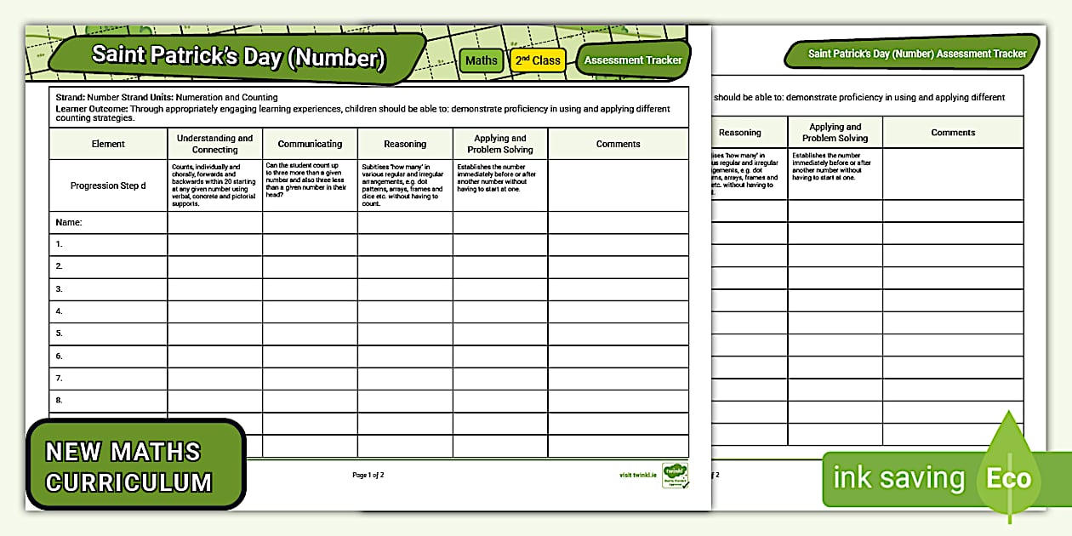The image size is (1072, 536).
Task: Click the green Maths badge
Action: click(x=482, y=60)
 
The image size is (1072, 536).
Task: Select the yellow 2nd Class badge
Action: click(x=537, y=60)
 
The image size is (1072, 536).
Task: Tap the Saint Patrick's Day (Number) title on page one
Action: click(x=238, y=58)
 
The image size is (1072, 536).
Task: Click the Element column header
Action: click(x=108, y=144)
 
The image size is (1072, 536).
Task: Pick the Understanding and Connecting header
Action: click(x=214, y=144)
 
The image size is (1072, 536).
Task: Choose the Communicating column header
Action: click(x=310, y=144)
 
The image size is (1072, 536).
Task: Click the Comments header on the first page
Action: click(x=618, y=144)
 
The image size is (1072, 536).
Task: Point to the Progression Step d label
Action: click(x=108, y=185)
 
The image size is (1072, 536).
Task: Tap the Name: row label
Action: click(x=68, y=222)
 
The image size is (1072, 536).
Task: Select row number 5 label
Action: click(x=60, y=334)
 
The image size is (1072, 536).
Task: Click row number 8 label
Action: click(x=60, y=400)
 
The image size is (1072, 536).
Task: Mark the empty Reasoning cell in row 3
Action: click(x=405, y=289)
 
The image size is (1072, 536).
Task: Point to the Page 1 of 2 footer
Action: click(x=368, y=475)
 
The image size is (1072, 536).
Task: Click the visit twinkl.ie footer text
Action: click(x=638, y=475)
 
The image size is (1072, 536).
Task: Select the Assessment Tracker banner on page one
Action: click(x=633, y=60)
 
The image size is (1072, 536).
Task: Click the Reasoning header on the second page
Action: click(x=739, y=133)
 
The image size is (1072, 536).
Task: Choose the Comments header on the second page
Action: click(x=953, y=133)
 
